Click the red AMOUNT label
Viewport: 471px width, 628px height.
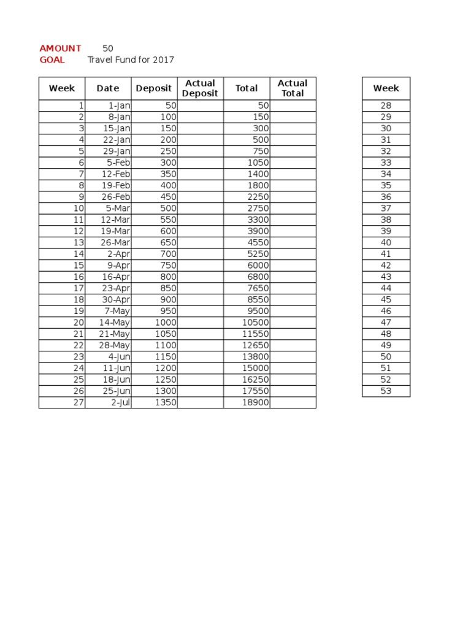tap(60, 48)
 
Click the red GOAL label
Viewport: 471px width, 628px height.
tap(52, 59)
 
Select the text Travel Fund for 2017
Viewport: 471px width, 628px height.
tap(131, 59)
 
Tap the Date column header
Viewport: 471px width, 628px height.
tap(108, 88)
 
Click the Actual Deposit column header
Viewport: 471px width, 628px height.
tap(200, 88)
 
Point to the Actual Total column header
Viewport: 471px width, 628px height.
tap(293, 88)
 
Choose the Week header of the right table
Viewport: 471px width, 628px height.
tap(386, 88)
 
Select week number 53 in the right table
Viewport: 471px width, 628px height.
tap(386, 391)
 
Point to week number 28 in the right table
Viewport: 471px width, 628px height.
tap(386, 105)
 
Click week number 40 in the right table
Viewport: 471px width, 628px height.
tap(386, 242)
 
